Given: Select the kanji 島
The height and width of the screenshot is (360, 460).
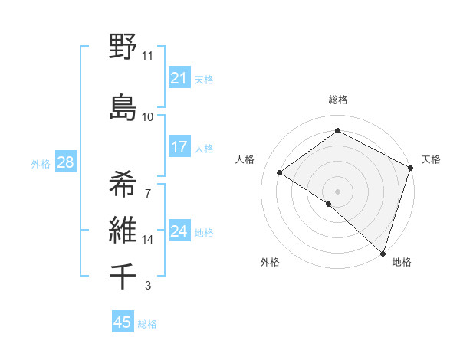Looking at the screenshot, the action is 123,107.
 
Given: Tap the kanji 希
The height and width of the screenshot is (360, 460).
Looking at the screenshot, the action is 123,183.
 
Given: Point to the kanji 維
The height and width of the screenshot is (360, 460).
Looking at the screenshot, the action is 123,229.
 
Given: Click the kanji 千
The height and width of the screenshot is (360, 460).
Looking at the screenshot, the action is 123,276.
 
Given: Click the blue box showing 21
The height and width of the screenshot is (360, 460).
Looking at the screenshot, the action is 179,78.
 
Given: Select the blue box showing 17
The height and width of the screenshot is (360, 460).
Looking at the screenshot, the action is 179,147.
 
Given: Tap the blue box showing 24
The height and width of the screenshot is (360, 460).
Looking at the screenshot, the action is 179,231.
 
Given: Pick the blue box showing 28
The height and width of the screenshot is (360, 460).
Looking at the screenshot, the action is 64,162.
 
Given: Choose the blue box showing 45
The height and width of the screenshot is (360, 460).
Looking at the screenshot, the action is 123,322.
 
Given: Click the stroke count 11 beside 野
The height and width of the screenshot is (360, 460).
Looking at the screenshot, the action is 148,56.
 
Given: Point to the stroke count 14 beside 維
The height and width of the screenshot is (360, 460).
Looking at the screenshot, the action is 148,240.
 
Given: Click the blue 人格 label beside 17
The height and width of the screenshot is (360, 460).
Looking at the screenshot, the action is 204,148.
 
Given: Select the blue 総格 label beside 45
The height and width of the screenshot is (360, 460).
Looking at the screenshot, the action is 147,323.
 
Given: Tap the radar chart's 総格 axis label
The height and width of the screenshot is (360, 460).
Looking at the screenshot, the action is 337,100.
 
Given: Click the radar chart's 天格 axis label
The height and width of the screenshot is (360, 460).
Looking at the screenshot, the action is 431,159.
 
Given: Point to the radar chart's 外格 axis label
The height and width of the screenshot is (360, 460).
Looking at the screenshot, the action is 270,262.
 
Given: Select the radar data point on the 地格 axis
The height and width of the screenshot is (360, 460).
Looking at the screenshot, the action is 383,253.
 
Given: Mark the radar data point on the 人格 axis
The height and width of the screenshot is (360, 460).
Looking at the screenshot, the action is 280,172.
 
